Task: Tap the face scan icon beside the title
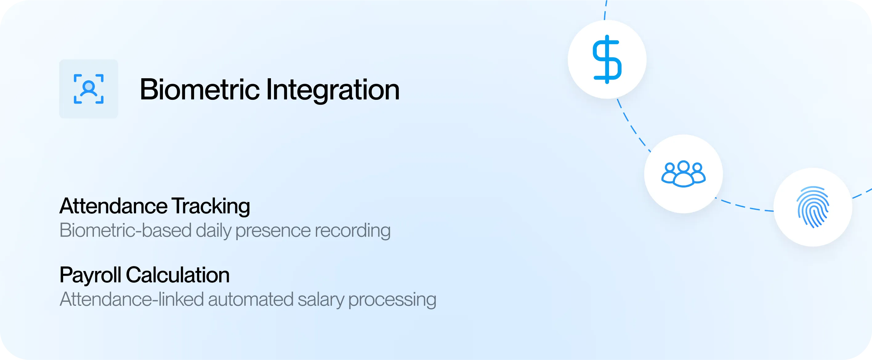coord(89,89)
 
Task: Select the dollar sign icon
coord(607,59)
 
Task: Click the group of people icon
coord(684,174)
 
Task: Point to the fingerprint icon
coord(813,207)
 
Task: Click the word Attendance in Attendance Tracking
coord(113,206)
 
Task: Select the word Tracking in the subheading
coord(211,207)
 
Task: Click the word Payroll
coord(91,275)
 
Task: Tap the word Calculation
coord(178,275)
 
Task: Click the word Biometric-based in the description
coord(126,230)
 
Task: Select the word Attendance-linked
coord(132,299)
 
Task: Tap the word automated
coord(251,300)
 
